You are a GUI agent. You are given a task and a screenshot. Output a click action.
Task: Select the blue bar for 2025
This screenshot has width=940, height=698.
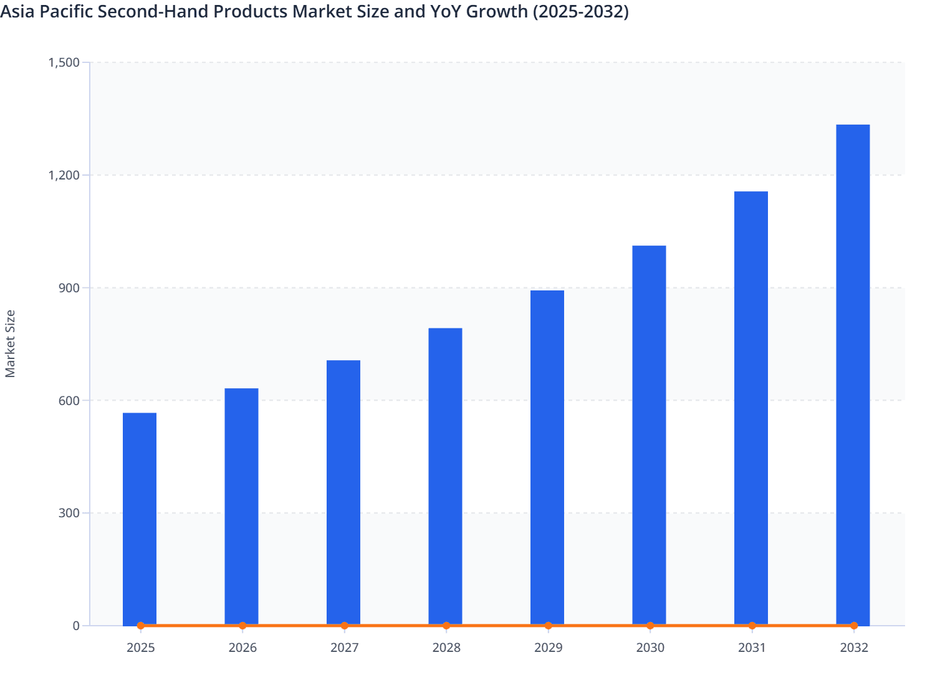point(140,517)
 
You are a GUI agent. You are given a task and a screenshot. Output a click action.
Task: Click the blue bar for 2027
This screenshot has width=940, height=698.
point(343,492)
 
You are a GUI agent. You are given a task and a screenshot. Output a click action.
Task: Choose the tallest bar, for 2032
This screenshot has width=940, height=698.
point(853,374)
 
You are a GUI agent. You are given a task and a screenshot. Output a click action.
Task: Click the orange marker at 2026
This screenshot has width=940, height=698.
point(242,626)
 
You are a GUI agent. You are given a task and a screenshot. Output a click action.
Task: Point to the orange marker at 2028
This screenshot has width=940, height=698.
point(446,626)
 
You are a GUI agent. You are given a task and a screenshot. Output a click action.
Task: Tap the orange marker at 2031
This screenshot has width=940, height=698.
point(752,626)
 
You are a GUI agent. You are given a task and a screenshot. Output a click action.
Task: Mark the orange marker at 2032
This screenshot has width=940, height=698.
point(854,626)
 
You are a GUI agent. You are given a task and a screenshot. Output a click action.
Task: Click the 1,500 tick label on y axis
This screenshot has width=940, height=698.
point(64,62)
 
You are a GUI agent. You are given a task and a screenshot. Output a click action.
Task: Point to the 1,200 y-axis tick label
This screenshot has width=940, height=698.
point(64,175)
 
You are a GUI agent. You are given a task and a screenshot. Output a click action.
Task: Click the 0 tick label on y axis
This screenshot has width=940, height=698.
point(76,626)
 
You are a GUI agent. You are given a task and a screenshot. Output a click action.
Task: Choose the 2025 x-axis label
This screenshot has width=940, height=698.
point(140,648)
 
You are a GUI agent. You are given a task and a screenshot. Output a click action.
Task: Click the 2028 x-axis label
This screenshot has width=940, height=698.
point(446,648)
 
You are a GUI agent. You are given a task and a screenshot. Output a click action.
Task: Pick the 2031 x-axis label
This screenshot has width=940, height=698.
point(752,648)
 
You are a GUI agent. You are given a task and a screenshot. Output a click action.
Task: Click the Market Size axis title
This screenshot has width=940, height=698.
point(10,343)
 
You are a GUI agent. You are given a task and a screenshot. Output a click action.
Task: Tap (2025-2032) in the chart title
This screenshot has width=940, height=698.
point(580,11)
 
